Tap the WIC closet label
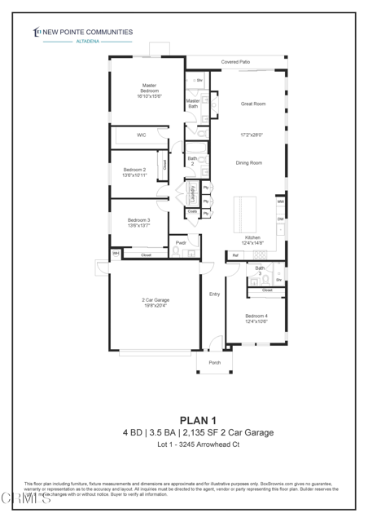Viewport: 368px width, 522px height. [x=141, y=135]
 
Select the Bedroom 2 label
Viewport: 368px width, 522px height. [x=134, y=169]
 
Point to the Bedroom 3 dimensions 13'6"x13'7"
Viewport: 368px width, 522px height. [x=138, y=226]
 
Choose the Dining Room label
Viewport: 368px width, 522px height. [x=248, y=163]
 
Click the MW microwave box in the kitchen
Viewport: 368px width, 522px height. [x=280, y=201]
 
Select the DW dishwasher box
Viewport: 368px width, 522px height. [x=280, y=219]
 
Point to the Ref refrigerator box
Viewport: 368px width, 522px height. [x=235, y=255]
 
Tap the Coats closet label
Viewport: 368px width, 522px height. [x=192, y=211]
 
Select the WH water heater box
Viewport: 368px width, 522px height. [x=116, y=254]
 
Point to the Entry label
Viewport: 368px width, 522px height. [x=215, y=294]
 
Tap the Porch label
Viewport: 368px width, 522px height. [x=215, y=362]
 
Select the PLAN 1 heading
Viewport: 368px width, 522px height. [x=184, y=420]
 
